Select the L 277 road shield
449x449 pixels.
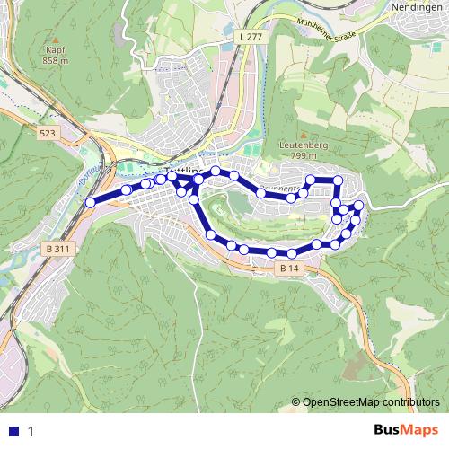click(254, 36)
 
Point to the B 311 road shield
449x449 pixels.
click(56, 249)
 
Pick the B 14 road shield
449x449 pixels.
click(288, 268)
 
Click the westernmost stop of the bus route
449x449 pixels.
click(90, 203)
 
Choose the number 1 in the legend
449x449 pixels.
click(31, 431)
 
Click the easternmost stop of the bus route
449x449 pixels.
click(359, 207)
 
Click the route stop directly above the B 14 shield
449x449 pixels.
click(271, 253)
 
